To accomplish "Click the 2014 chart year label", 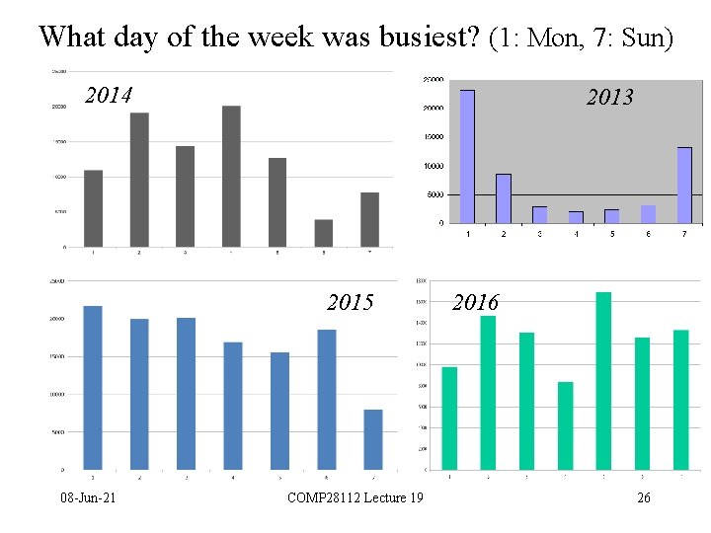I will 109,96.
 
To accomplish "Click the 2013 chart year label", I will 609,97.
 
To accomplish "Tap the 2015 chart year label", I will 350,302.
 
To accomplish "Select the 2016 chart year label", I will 475,302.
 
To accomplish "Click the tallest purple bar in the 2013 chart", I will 467,156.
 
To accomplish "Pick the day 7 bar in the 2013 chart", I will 684,185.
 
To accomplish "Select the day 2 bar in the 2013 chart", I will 504,197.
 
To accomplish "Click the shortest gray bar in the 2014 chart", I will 324,233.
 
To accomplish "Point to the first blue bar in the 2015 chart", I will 93,387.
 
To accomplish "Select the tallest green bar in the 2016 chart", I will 603,380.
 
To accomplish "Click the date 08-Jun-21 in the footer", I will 86,497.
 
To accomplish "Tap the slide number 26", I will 643,497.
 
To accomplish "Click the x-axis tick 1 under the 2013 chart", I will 467,234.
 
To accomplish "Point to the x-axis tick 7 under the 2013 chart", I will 684,234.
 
